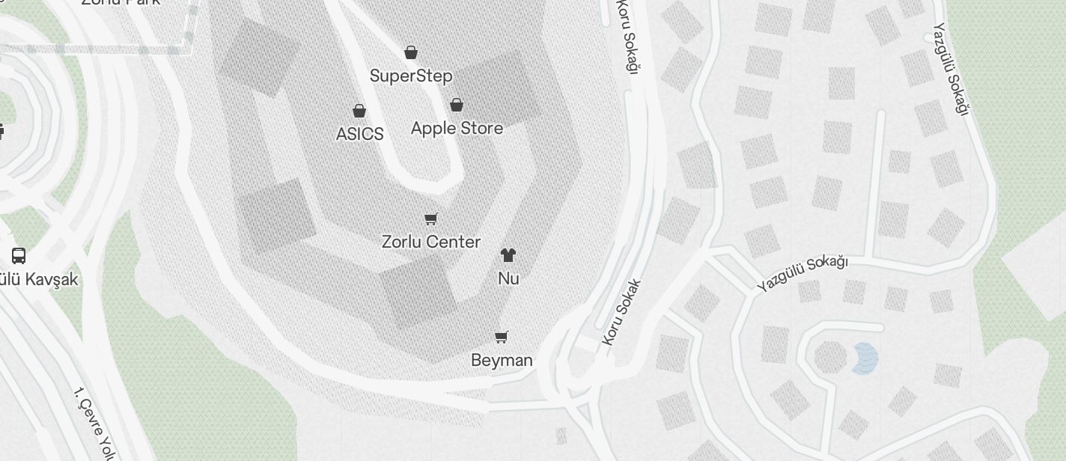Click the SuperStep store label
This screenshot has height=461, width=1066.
coord(411,76)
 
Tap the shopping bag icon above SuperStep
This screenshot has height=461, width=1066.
coord(411,52)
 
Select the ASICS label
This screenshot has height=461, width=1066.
coord(360,134)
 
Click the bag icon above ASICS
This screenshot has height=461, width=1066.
coord(359,111)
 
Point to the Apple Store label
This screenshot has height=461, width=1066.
coord(457,128)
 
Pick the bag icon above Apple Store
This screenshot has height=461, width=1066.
coord(457,105)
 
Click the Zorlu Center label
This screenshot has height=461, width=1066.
coord(431,242)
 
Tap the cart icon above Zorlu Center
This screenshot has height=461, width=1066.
coord(430,219)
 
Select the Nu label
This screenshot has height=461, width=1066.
coord(508,278)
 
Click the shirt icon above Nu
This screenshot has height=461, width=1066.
coord(508,255)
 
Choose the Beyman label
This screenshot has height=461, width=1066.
coord(502,360)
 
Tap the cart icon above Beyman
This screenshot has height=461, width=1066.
coord(502,337)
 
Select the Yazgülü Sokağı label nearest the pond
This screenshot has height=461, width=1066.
coord(802,272)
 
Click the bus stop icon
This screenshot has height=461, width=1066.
coord(19,255)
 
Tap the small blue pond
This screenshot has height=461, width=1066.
coord(865,358)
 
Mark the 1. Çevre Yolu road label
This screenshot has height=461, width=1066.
coord(94,424)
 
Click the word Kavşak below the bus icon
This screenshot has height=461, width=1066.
coord(52,279)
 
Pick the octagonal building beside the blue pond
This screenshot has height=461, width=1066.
coord(830,358)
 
